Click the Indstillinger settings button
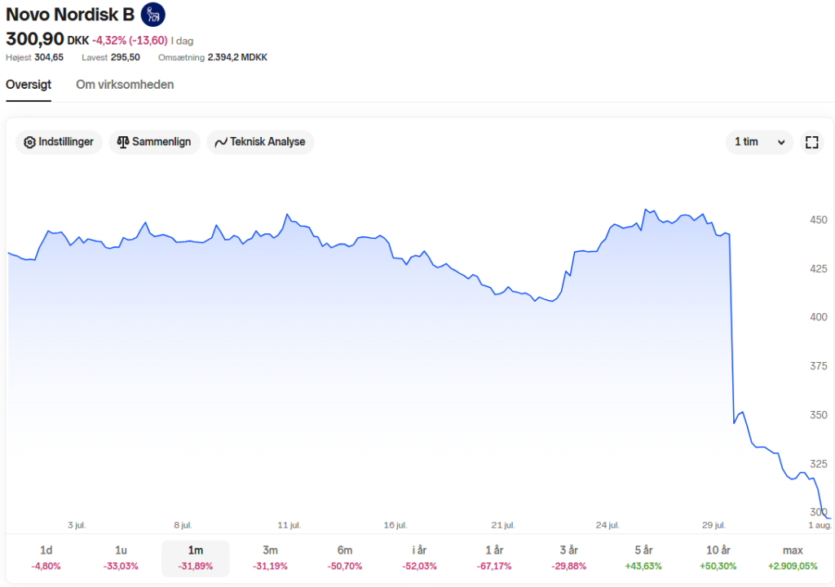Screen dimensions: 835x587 point(59,142)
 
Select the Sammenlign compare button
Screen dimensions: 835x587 point(154,142)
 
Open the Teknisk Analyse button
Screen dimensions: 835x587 point(260,142)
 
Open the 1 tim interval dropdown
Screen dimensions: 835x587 point(759,142)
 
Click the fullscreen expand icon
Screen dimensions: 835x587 point(811,142)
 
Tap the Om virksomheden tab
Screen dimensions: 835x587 point(125,85)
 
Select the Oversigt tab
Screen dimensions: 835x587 point(29,85)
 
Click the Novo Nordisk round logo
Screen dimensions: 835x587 point(152,15)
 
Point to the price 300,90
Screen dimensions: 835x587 point(34,39)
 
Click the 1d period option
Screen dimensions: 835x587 point(46,558)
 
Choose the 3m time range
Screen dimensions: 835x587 point(270,558)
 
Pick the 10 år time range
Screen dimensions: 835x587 point(718,558)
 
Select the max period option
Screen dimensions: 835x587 point(793,558)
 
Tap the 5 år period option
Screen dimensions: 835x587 point(643,558)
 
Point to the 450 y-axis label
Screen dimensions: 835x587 point(819,220)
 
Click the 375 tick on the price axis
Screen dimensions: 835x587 point(819,366)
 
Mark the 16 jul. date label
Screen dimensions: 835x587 point(395,525)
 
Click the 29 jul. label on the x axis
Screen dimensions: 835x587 point(714,525)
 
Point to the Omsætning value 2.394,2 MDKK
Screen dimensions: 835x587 point(237,58)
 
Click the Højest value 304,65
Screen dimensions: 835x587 point(49,58)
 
